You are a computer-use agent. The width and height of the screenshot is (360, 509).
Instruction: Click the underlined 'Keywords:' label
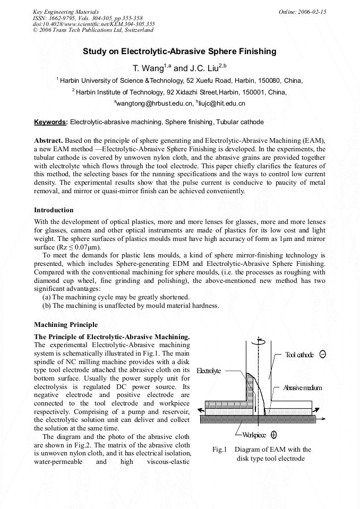pos(51,122)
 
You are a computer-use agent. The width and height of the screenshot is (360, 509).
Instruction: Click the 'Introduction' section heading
pos(54,210)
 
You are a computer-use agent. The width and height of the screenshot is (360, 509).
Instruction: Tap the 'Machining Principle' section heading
pos(66,325)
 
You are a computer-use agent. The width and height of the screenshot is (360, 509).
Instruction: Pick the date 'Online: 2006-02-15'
pos(303,12)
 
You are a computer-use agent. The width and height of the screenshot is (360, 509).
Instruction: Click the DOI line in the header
pos(93,24)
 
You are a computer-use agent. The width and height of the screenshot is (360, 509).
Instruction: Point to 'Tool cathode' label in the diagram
pos(299,355)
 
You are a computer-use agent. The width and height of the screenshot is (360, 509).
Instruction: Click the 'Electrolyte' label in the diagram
pos(209,371)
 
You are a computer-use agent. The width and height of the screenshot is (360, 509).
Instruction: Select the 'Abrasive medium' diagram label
pos(302,388)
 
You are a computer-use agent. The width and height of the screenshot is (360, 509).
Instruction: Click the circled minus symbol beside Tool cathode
pos(323,355)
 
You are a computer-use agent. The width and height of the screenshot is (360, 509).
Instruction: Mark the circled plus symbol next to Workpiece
pos(273,435)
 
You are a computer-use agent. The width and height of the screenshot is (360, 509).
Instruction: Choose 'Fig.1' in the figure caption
pos(219,450)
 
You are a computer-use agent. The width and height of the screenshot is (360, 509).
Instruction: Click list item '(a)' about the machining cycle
pos(47,297)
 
